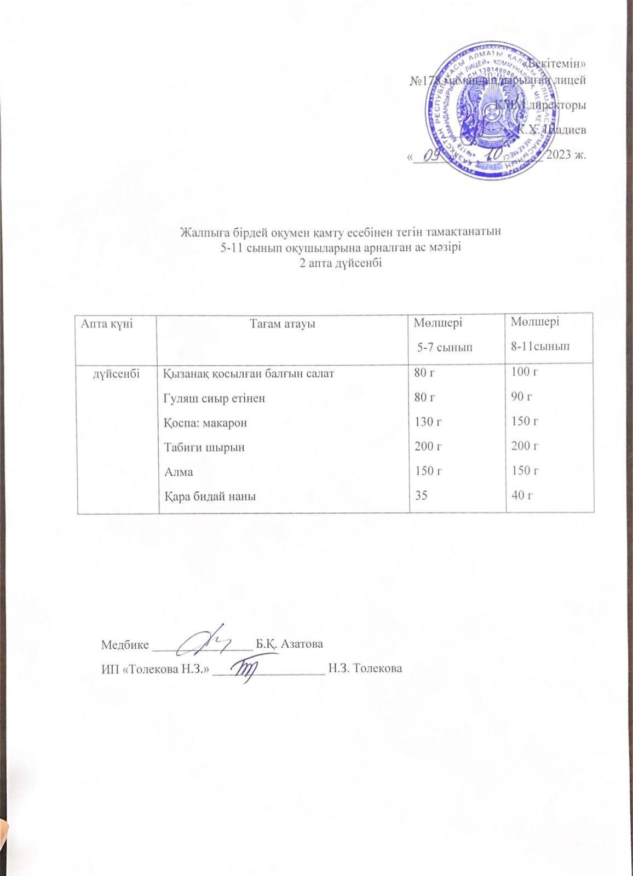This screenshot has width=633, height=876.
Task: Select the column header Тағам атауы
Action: point(282,325)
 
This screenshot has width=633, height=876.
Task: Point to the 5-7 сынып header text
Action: point(444,347)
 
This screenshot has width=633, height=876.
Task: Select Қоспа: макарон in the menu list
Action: point(205,423)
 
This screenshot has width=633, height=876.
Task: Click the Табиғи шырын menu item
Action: point(204,447)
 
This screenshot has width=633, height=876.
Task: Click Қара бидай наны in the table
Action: point(210,496)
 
